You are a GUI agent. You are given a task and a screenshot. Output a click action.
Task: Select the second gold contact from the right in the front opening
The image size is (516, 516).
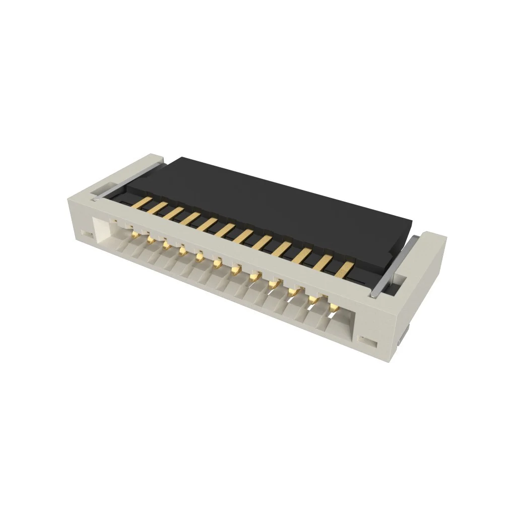click(313, 299)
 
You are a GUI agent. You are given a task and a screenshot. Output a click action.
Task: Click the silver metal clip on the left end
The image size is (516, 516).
click(128, 179)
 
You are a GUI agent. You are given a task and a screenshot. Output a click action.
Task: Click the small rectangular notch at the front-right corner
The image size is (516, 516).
click(369, 342)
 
